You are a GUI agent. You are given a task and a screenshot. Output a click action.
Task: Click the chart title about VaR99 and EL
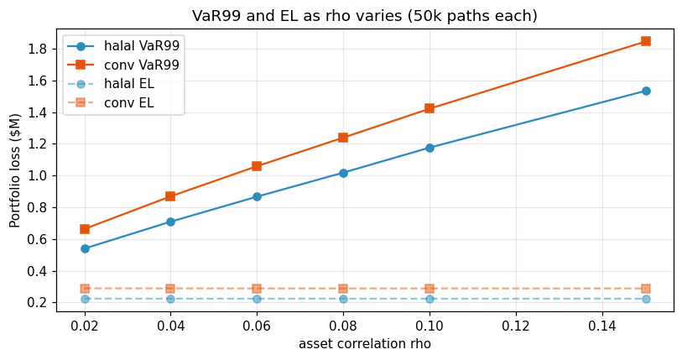coord(364,16)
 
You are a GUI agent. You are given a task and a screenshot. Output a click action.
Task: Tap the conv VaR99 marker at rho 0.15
coord(645,41)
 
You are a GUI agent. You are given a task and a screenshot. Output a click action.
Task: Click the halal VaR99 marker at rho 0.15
coord(645,91)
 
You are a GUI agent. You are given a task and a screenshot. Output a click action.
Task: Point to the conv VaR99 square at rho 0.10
coord(430,108)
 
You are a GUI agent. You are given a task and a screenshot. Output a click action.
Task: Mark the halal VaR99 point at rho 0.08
coord(343,173)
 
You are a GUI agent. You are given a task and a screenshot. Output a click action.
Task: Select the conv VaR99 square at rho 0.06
coord(257,166)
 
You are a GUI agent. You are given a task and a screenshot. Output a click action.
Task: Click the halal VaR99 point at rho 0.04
coord(170,222)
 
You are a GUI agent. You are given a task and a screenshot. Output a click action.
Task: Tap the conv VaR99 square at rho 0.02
coord(85,229)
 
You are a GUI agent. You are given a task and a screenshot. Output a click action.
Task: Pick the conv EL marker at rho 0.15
coord(645,289)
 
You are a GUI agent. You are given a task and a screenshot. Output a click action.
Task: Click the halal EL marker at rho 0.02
coord(85,299)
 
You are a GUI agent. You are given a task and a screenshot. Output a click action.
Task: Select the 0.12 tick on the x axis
coord(516,325)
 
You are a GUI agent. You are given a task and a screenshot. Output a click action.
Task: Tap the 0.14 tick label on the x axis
coord(601,325)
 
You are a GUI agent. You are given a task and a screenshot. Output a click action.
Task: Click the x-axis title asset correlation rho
coord(364,344)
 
